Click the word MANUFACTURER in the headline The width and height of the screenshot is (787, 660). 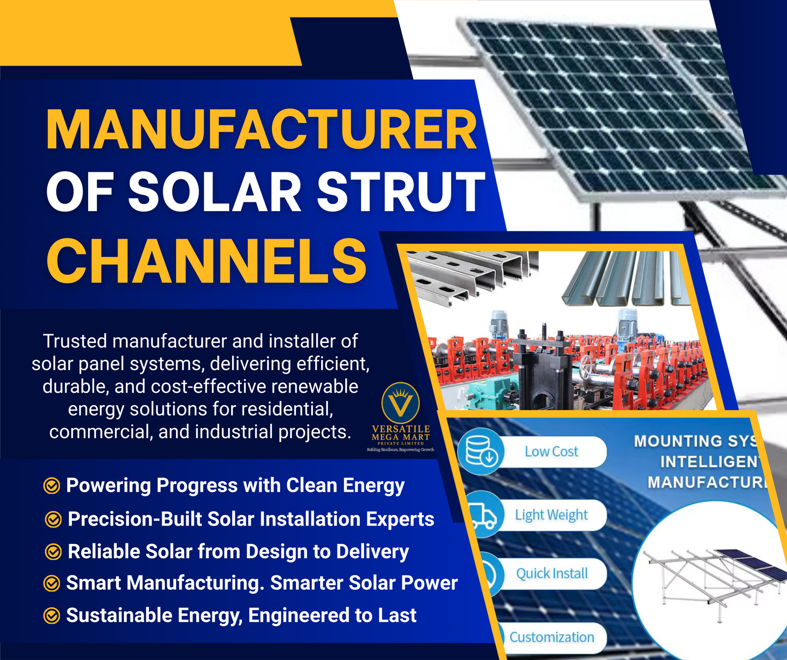coord(261,130)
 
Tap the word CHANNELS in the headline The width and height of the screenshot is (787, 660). coord(207,261)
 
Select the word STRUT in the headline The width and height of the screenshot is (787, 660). coord(400,192)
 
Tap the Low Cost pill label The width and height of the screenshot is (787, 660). coord(551,451)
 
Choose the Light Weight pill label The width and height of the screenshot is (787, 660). coord(551,515)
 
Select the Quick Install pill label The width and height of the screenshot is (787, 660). coord(552,573)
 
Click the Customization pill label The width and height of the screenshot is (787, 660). coord(551,637)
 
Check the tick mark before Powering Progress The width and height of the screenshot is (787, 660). coord(52,486)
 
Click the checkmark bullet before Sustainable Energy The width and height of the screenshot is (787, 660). coord(52,616)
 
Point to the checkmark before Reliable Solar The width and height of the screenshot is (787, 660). coord(53,552)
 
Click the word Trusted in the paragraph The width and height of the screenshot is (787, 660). coord(75,341)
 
